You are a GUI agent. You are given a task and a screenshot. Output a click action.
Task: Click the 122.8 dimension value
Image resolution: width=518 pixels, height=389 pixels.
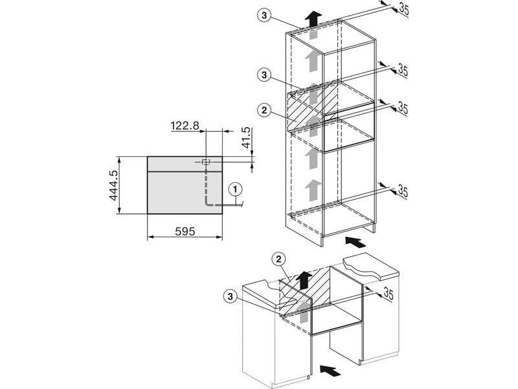185,126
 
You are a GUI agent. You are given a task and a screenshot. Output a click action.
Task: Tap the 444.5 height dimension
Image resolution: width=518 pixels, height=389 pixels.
114,185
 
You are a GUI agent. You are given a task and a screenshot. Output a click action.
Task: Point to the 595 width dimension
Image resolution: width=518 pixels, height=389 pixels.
185,231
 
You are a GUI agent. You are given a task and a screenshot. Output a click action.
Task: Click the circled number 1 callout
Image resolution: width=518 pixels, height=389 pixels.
235,189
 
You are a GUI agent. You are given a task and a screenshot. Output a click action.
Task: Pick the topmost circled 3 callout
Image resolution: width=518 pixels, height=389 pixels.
264,15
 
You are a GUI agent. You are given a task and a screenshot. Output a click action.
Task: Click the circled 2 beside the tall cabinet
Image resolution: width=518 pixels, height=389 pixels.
264,110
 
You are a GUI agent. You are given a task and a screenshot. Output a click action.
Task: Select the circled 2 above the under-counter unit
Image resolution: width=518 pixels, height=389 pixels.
279,259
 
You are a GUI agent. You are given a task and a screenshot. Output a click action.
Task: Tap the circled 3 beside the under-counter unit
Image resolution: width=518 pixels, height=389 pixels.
231,296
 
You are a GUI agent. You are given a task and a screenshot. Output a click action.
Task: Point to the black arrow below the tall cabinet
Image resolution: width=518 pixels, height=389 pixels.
355,242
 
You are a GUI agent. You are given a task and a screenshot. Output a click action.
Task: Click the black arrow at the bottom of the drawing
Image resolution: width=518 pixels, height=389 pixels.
330,370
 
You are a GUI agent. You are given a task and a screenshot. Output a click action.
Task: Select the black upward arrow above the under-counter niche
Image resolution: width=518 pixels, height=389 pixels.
304,281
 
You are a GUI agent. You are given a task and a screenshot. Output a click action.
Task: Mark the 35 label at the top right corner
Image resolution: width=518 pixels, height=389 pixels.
403,9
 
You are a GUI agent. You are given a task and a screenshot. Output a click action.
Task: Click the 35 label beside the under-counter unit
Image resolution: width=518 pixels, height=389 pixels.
388,293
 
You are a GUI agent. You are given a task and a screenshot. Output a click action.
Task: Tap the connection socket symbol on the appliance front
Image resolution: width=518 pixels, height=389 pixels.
206,161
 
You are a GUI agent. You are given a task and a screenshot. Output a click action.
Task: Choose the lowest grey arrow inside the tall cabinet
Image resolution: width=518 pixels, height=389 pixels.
313,190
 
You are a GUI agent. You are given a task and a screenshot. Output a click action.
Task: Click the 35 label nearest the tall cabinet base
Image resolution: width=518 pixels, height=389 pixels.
403,191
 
